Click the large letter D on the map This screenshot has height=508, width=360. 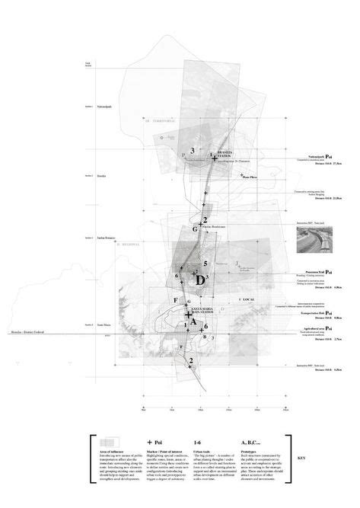tap(200, 280)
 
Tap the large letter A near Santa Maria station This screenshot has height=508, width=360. tap(194, 322)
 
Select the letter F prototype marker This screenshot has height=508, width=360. tap(175, 301)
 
